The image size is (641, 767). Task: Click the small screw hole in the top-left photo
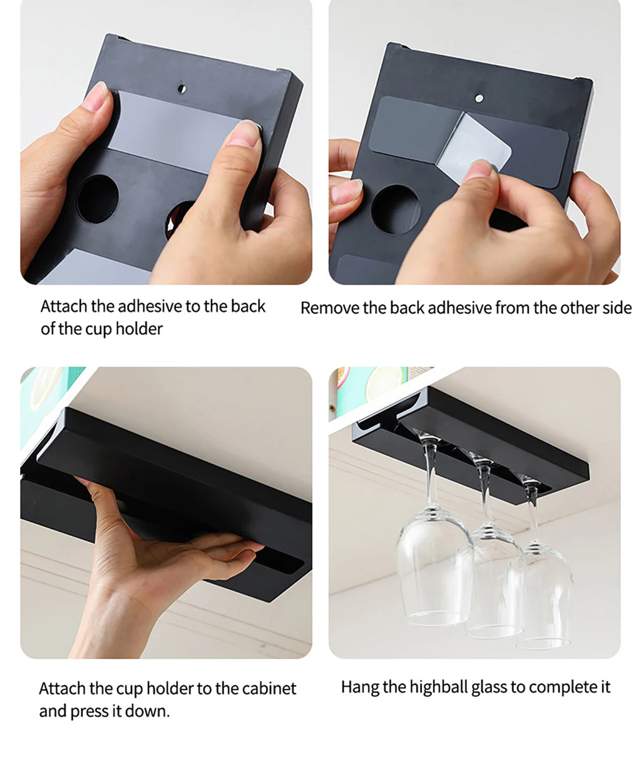pos(182,88)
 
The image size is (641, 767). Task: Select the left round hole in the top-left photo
pos(98,199)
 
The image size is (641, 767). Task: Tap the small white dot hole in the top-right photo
pos(479,98)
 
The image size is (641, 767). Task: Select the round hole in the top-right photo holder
pos(396,209)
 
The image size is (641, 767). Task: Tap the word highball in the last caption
pos(439,687)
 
